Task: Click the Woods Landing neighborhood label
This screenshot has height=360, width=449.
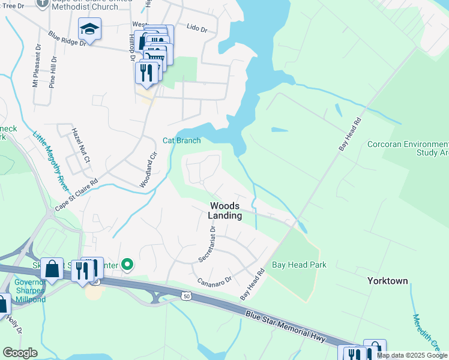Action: tap(226, 211)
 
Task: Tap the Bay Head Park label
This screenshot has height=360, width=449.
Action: tap(298, 265)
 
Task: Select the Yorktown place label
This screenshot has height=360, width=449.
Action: tap(387, 281)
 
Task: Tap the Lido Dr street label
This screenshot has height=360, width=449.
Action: tap(196, 28)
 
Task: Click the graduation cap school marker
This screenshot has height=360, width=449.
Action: tap(89, 29)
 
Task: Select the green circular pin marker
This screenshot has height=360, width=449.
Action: tap(127, 264)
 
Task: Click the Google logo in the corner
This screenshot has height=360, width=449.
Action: tap(20, 353)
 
